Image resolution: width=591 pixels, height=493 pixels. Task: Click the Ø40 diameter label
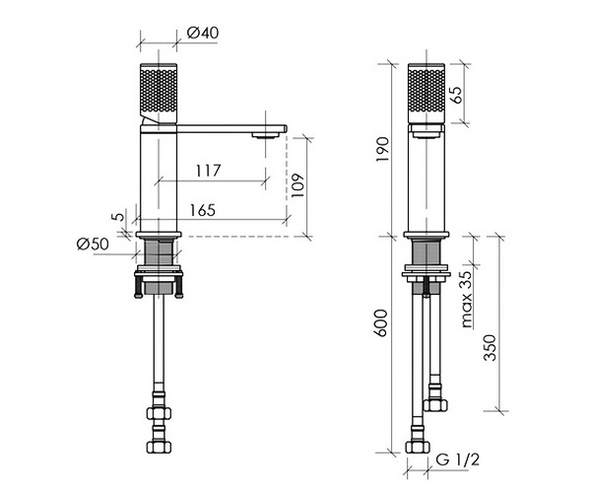(x=202, y=33)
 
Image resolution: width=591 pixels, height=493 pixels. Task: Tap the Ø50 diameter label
(x=93, y=245)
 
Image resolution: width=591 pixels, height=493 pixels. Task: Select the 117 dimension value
(x=208, y=171)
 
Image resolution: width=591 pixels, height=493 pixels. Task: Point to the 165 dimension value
(x=202, y=210)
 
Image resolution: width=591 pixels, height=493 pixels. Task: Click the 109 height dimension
(x=297, y=185)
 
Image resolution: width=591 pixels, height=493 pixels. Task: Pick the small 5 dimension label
(x=118, y=217)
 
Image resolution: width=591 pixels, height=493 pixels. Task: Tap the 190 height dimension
(x=382, y=149)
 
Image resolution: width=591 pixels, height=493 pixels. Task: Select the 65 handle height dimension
(x=456, y=95)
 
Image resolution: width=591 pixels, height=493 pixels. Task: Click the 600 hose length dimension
(x=381, y=322)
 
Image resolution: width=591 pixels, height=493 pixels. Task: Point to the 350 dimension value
(x=490, y=347)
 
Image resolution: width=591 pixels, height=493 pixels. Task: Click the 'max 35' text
(x=467, y=299)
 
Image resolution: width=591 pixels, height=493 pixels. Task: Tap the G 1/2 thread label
(x=458, y=459)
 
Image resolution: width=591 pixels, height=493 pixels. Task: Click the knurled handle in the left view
(x=159, y=93)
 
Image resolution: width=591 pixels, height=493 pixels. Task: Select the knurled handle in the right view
(x=427, y=93)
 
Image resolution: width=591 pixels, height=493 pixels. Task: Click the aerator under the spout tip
(x=266, y=135)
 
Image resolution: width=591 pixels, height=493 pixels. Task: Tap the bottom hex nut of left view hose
(x=159, y=447)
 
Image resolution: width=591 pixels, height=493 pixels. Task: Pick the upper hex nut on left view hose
(x=159, y=413)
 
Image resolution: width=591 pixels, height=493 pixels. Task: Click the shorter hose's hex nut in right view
(x=435, y=405)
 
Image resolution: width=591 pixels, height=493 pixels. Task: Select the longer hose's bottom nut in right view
(x=418, y=447)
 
